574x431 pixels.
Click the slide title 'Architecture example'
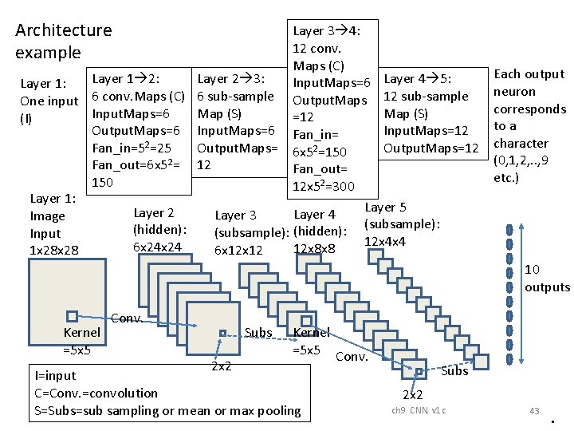[63, 42]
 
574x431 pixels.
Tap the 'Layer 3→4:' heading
[326, 31]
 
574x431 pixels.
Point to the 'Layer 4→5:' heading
[419, 78]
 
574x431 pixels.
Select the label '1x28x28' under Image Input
[54, 251]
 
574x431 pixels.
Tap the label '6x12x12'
[239, 250]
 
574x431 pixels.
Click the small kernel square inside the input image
[72, 316]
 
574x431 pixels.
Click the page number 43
[534, 410]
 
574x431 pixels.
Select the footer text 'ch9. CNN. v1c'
[419, 410]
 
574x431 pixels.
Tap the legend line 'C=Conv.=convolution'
[96, 393]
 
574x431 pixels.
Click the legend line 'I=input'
[56, 376]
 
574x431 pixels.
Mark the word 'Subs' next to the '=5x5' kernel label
[259, 333]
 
